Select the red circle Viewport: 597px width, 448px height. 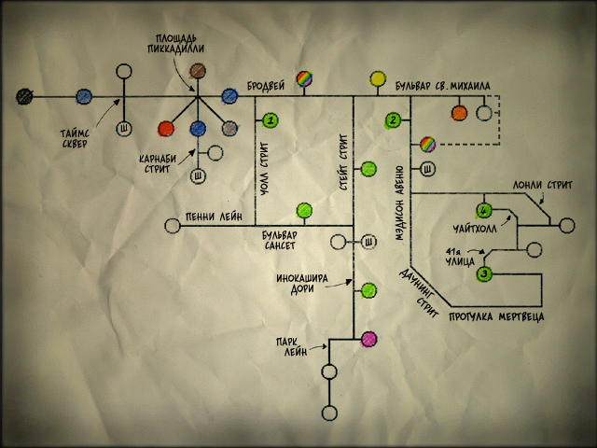tap(167, 128)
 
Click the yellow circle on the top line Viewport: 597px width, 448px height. tap(378, 79)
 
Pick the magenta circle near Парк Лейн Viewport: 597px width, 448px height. tap(368, 339)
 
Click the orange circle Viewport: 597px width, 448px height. tap(459, 114)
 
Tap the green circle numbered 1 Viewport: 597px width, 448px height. tap(271, 120)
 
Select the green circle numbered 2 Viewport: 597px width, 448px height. tap(394, 120)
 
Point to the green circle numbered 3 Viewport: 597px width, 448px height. tap(484, 274)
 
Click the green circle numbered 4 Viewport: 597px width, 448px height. tap(483, 209)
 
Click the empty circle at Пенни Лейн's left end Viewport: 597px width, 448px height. tap(172, 225)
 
